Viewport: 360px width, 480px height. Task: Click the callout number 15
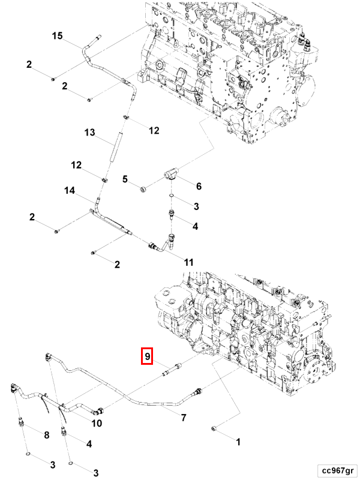[57, 37]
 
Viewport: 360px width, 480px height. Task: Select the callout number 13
[89, 132]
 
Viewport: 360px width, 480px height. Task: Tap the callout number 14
[69, 190]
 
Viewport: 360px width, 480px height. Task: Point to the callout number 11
[188, 262]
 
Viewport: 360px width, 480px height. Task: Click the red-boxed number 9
[148, 356]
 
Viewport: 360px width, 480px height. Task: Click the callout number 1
[238, 442]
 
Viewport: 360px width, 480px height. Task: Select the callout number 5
[125, 179]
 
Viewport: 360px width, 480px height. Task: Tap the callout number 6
[199, 187]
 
